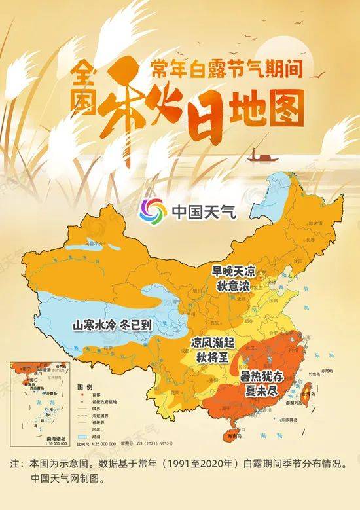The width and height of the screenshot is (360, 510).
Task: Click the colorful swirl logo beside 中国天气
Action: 154,211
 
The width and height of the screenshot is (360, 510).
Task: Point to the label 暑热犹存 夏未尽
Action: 266,382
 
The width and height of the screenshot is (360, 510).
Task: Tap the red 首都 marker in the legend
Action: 81,395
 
